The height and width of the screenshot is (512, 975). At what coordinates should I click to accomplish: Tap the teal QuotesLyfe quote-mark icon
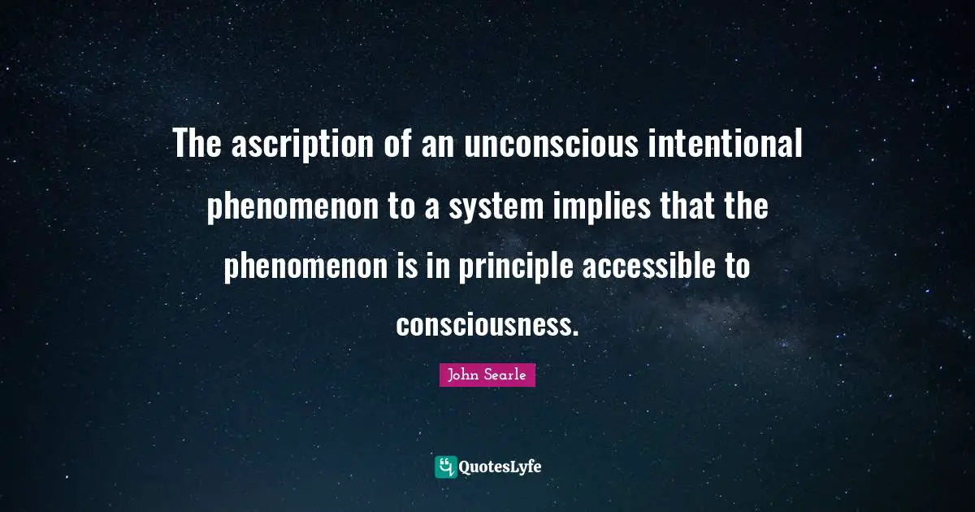click(x=445, y=466)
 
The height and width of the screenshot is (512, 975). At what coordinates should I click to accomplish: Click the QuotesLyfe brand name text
click(x=500, y=467)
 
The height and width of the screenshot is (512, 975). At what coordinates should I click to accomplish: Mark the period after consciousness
click(x=575, y=333)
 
